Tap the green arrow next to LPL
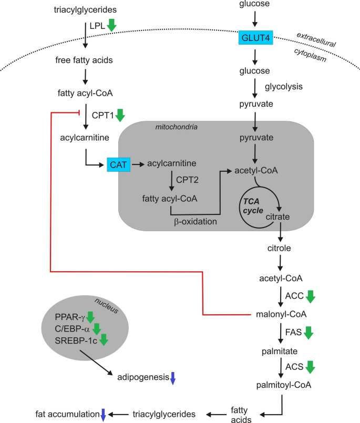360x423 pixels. click(x=111, y=25)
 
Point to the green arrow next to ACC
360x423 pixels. click(x=310, y=296)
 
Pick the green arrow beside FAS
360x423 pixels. click(x=308, y=333)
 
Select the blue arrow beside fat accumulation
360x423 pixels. click(x=103, y=415)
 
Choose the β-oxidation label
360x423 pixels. click(x=195, y=222)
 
